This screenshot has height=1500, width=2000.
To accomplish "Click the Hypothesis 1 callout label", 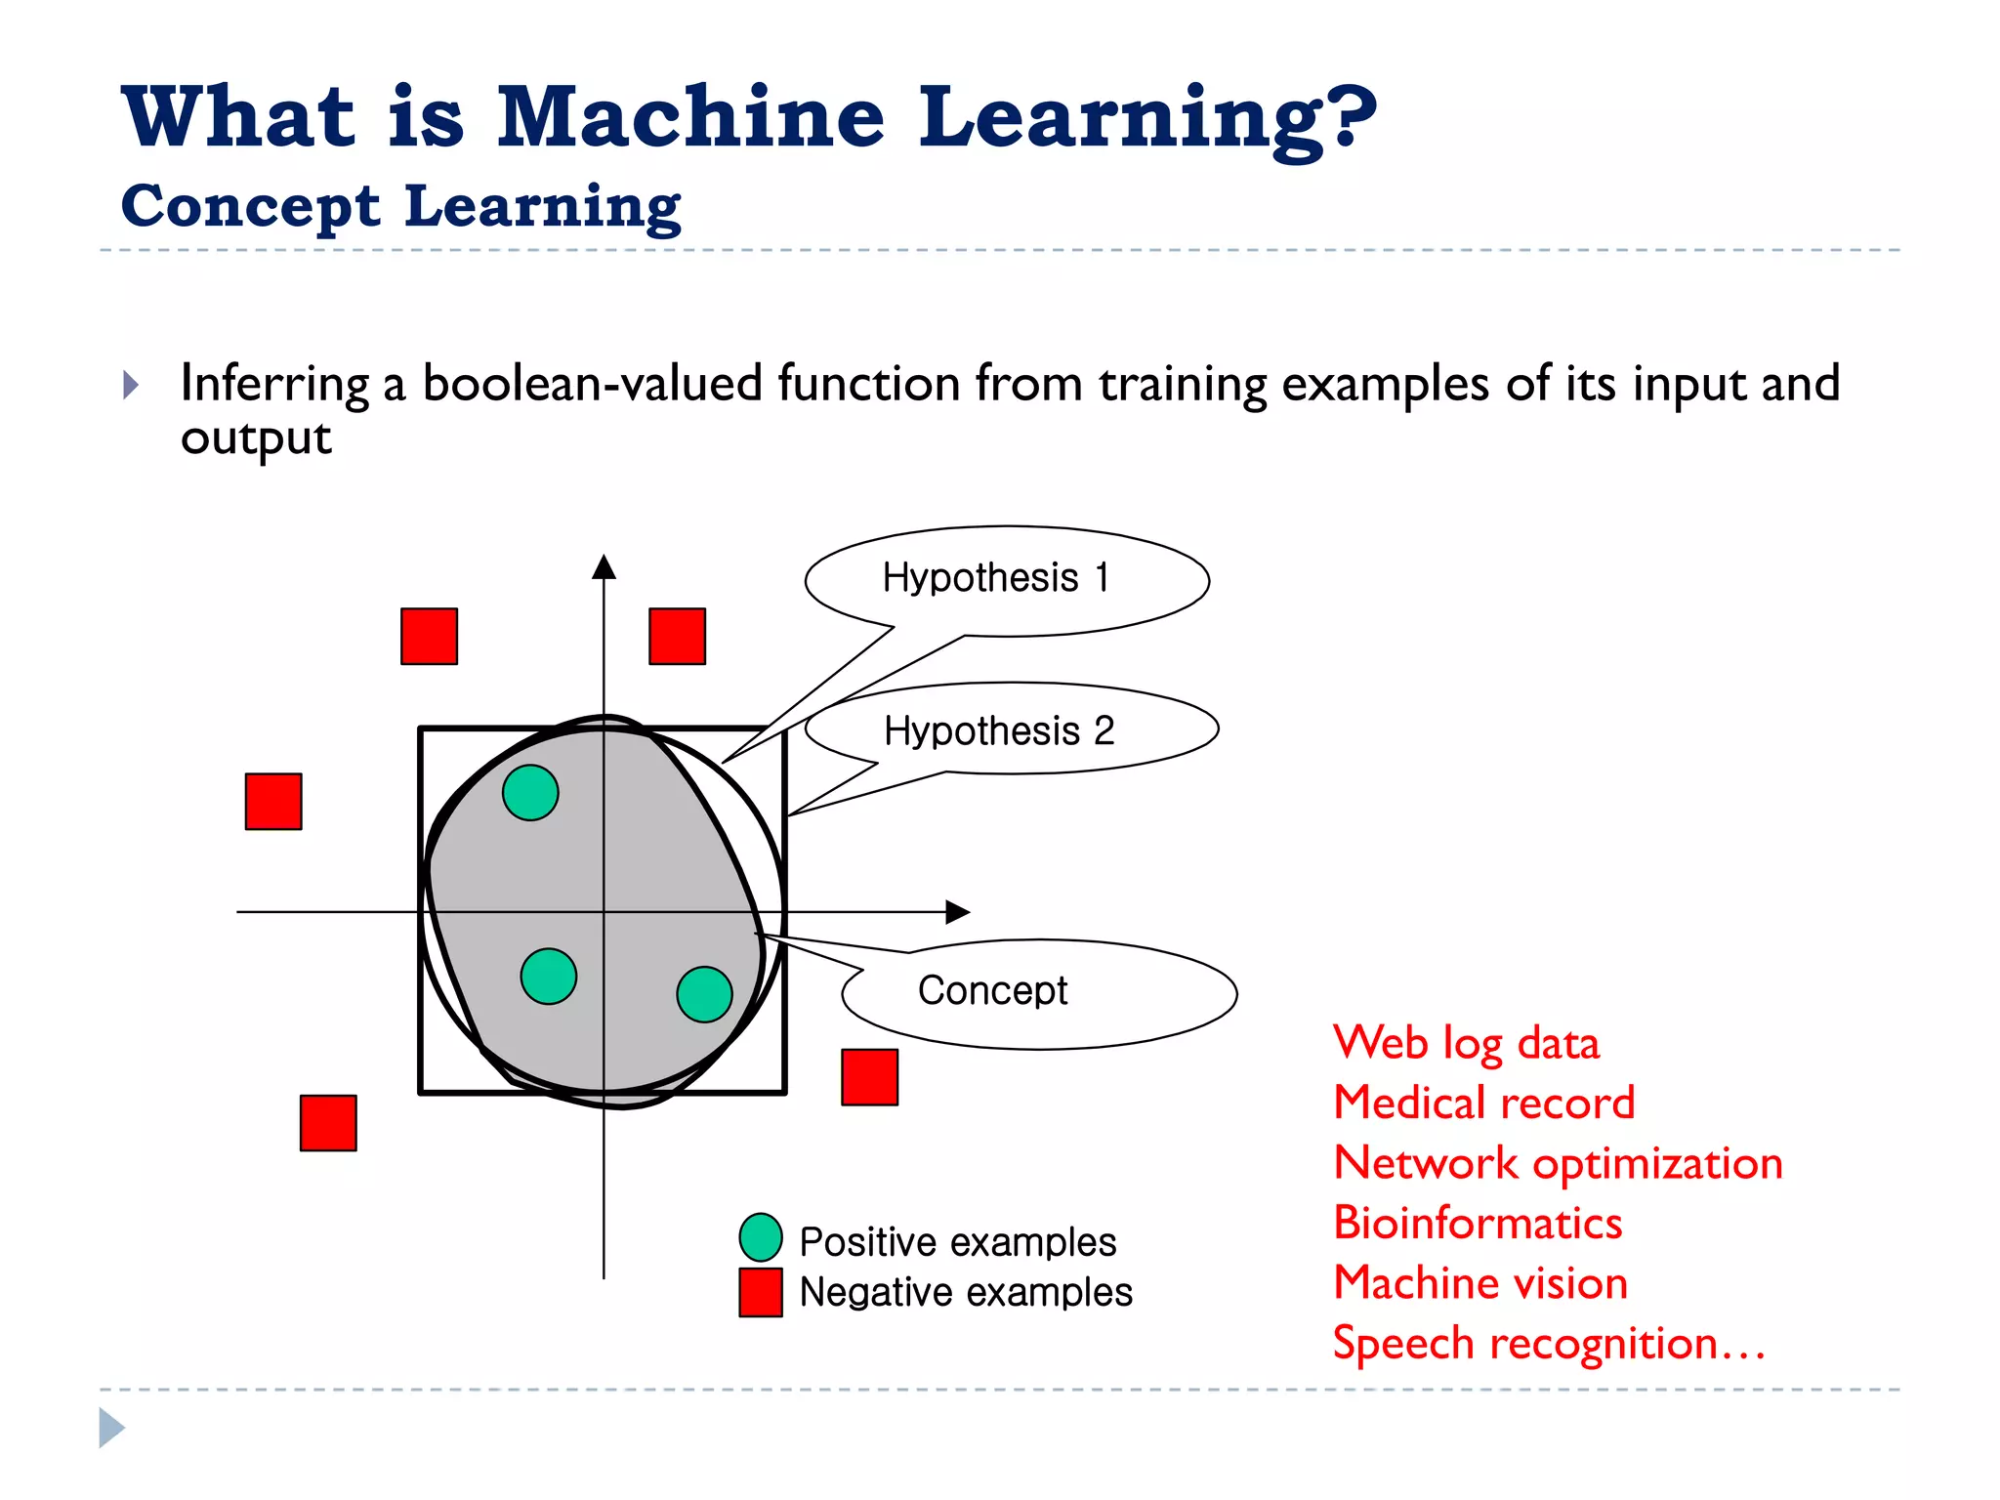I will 996,578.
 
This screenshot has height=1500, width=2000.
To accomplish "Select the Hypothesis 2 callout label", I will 999,731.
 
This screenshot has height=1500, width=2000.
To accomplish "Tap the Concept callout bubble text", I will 992,991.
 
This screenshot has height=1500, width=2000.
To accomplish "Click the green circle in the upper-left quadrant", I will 530,793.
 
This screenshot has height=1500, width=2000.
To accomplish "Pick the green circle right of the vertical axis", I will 704,994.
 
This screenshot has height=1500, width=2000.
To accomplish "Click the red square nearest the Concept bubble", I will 869,1077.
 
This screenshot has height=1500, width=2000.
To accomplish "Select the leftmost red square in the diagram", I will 273,802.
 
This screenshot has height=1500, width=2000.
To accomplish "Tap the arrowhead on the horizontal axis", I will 958,912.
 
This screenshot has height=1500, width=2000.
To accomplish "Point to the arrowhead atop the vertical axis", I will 604,567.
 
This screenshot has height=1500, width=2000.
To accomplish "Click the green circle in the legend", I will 761,1237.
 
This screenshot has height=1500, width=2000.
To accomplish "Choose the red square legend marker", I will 761,1292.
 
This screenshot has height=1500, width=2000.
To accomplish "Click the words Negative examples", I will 965,1293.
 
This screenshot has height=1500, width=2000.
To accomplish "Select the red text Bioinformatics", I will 1477,1224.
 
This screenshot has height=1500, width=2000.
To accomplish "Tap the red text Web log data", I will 1466,1043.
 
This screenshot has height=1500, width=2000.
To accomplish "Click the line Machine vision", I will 1480,1283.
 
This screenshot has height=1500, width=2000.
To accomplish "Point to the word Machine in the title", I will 690,117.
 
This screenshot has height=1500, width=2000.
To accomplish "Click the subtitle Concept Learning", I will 400,206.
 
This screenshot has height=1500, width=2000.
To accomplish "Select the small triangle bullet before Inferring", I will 131,385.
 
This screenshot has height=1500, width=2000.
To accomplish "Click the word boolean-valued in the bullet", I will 592,383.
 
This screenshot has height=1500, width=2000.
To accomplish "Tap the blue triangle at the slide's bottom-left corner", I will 111,1428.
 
